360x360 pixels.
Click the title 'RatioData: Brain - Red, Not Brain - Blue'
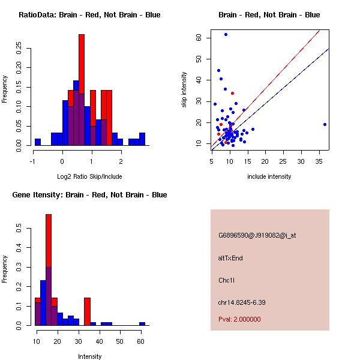pyautogui.click(x=89, y=15)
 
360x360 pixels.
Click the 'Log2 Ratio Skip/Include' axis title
pyautogui.click(x=89, y=176)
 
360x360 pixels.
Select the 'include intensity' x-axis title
pyautogui.click(x=269, y=176)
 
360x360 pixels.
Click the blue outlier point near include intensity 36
pyautogui.click(x=325, y=125)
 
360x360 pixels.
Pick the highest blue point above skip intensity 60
pyautogui.click(x=226, y=34)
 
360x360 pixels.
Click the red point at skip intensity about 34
pyautogui.click(x=232, y=93)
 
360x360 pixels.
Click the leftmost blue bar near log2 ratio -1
pyautogui.click(x=38, y=142)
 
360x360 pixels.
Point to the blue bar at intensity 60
pyautogui.click(x=142, y=323)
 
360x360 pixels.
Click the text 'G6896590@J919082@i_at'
pyautogui.click(x=257, y=235)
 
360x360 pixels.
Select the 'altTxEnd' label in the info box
pyautogui.click(x=230, y=258)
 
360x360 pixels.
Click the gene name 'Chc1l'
pyautogui.click(x=226, y=280)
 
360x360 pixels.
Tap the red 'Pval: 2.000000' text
pyautogui.click(x=239, y=319)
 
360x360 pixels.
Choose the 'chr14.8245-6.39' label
pyautogui.click(x=242, y=302)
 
